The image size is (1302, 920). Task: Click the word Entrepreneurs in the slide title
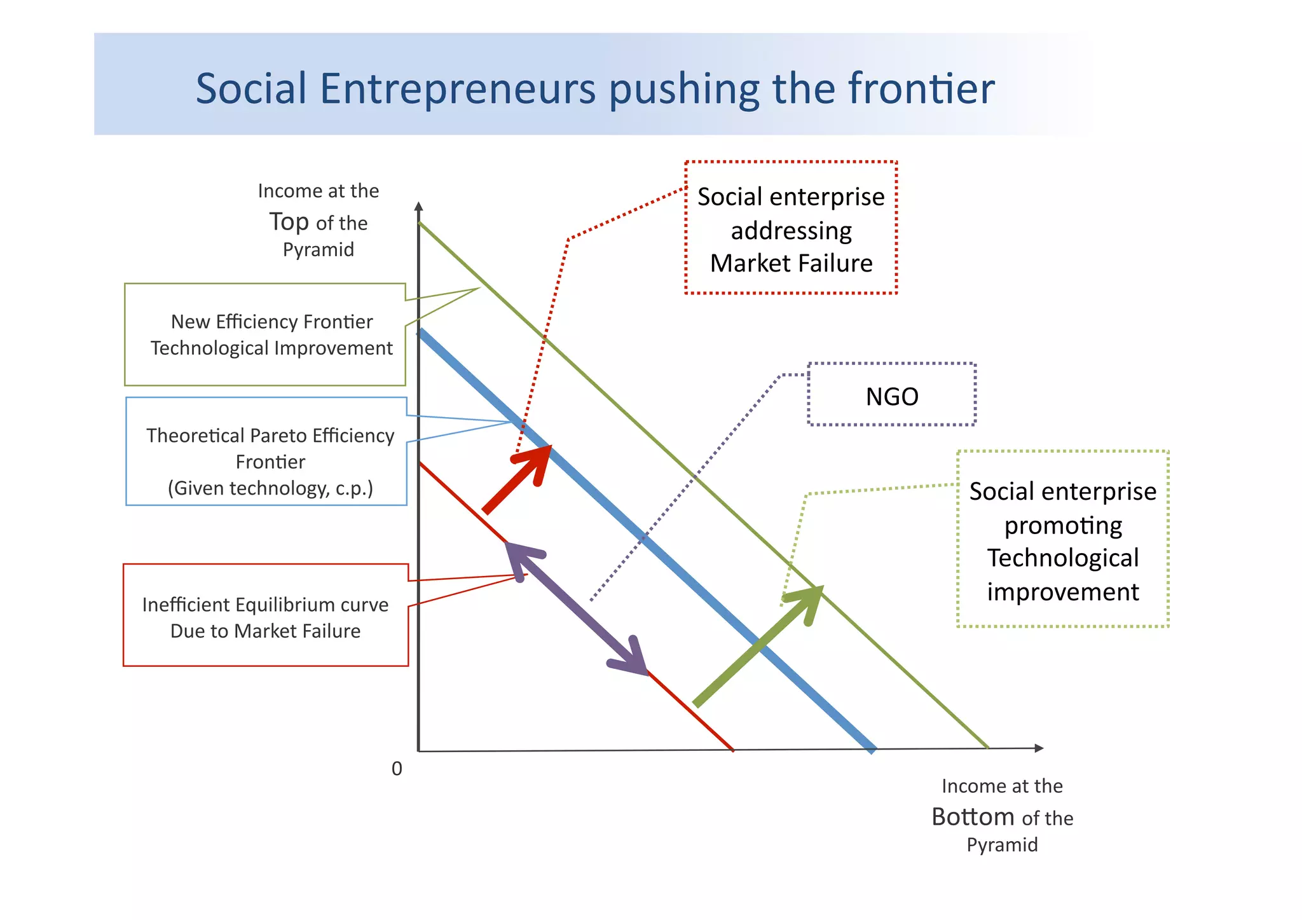(458, 89)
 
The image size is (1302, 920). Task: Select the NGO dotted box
(891, 395)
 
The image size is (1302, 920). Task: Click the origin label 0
(397, 769)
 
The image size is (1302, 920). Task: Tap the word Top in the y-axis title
(289, 222)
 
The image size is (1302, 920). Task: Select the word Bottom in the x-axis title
(973, 817)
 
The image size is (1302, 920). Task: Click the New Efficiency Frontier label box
(265, 335)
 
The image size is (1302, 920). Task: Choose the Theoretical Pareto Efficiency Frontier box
(266, 452)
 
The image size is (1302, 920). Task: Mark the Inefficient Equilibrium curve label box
(265, 615)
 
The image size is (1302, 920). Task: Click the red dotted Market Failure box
(791, 228)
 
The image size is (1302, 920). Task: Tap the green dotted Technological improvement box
(1062, 539)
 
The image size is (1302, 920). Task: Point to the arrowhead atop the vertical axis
(418, 207)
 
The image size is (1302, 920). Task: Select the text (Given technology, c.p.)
(270, 488)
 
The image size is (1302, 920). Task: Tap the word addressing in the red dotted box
(791, 231)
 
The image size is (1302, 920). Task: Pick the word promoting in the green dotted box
(1063, 526)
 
